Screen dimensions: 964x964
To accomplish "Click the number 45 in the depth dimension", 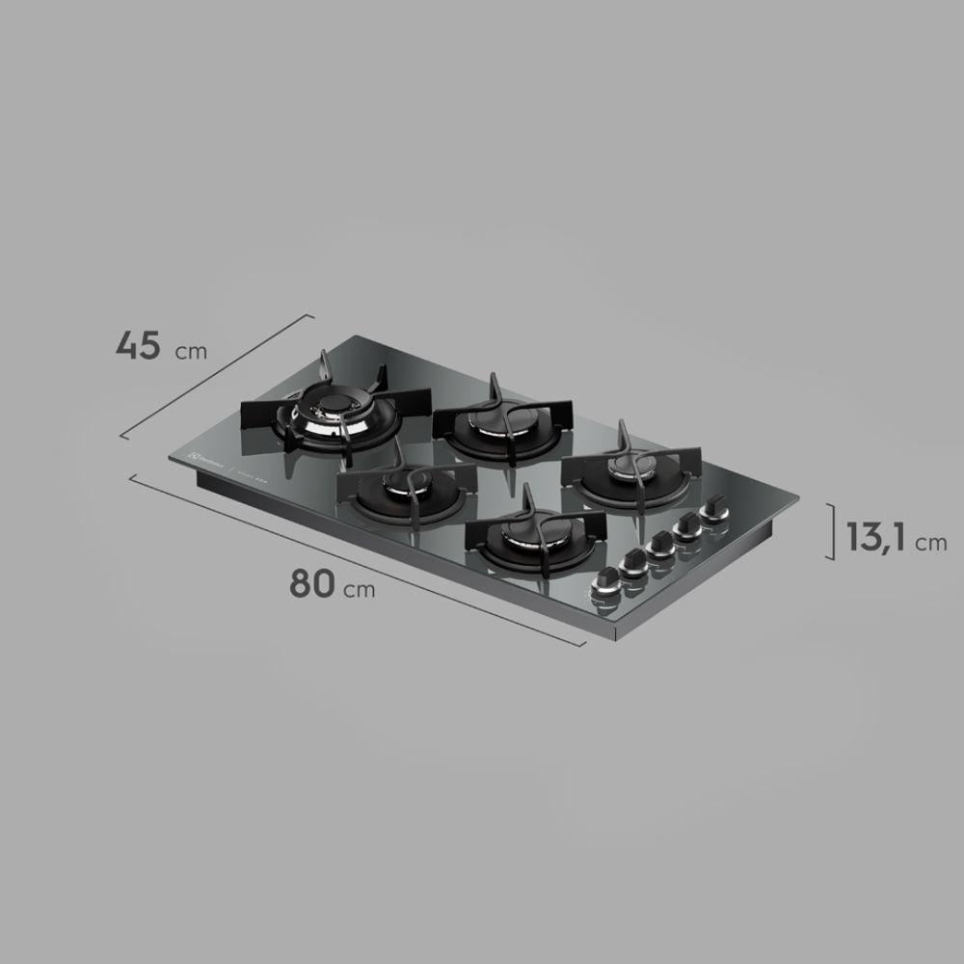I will (x=138, y=344).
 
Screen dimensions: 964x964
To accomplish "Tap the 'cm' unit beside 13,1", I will (x=931, y=543).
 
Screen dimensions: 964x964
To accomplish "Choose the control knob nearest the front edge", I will (x=608, y=580).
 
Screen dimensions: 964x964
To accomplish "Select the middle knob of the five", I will (x=661, y=544).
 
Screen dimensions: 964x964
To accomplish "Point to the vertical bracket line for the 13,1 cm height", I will (x=832, y=531).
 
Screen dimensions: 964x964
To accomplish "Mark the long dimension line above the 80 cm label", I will (x=357, y=559).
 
